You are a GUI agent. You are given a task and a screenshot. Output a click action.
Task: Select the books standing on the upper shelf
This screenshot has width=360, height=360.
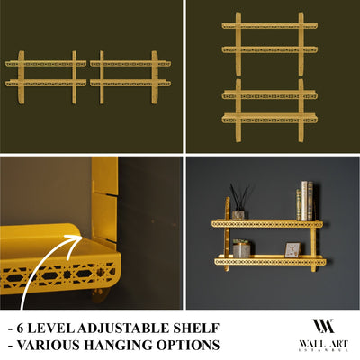tap(305, 201)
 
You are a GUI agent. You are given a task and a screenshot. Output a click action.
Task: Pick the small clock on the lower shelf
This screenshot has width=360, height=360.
tap(292, 249)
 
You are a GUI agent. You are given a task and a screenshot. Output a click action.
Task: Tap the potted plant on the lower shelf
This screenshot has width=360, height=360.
tap(241, 247)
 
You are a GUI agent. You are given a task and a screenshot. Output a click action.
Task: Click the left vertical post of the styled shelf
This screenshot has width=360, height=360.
tap(228, 236)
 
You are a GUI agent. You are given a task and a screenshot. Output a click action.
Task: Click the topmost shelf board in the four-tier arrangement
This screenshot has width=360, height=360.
tap(270, 27)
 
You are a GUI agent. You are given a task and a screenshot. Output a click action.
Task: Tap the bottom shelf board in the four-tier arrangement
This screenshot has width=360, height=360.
tap(270, 117)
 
